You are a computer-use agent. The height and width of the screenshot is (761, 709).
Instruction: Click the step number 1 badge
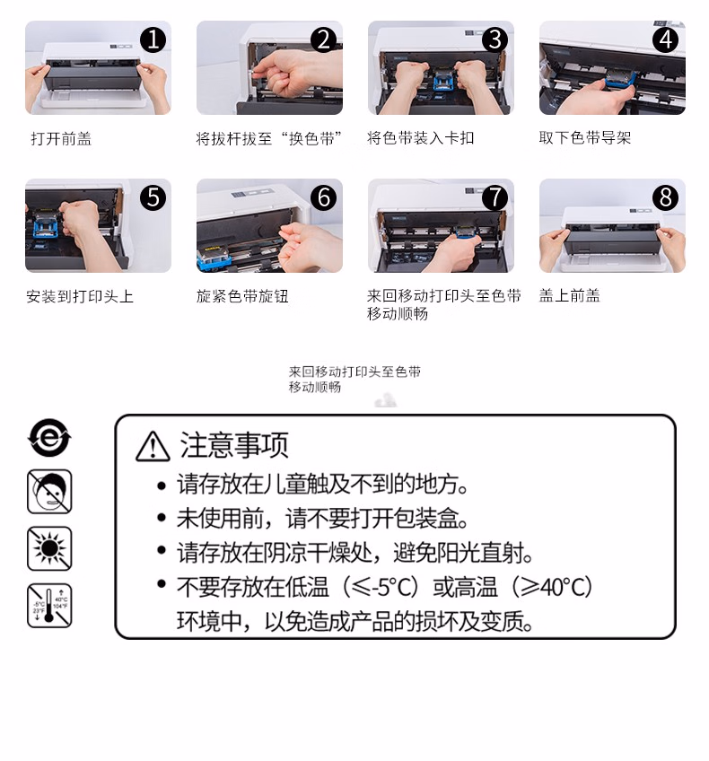[x=153, y=39]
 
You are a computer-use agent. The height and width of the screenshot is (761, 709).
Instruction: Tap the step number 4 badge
[x=665, y=39]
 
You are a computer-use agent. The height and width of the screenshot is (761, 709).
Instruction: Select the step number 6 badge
[x=323, y=197]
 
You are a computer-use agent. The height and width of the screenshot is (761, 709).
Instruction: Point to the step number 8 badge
[x=665, y=197]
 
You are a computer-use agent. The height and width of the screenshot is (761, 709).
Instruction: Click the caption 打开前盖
[x=61, y=139]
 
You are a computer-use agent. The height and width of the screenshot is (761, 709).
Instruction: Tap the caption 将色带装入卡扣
[x=420, y=138]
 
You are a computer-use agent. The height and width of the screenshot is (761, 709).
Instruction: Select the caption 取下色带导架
[x=585, y=138]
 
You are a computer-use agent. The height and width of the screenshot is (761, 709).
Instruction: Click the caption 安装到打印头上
[x=80, y=296]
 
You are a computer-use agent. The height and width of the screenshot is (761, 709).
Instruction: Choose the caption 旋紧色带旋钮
[x=242, y=296]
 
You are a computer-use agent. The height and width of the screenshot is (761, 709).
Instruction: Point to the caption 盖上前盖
[x=569, y=295]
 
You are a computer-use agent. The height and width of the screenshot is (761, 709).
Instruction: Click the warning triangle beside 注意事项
[x=153, y=447]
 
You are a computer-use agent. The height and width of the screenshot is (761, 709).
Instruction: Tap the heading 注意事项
[x=234, y=445]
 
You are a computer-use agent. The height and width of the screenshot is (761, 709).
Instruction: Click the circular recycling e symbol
[x=49, y=438]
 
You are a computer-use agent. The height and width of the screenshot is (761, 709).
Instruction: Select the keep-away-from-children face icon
[x=49, y=491]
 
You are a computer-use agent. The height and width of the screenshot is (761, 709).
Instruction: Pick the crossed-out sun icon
[x=49, y=548]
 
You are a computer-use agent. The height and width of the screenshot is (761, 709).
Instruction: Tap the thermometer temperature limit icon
[x=49, y=606]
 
